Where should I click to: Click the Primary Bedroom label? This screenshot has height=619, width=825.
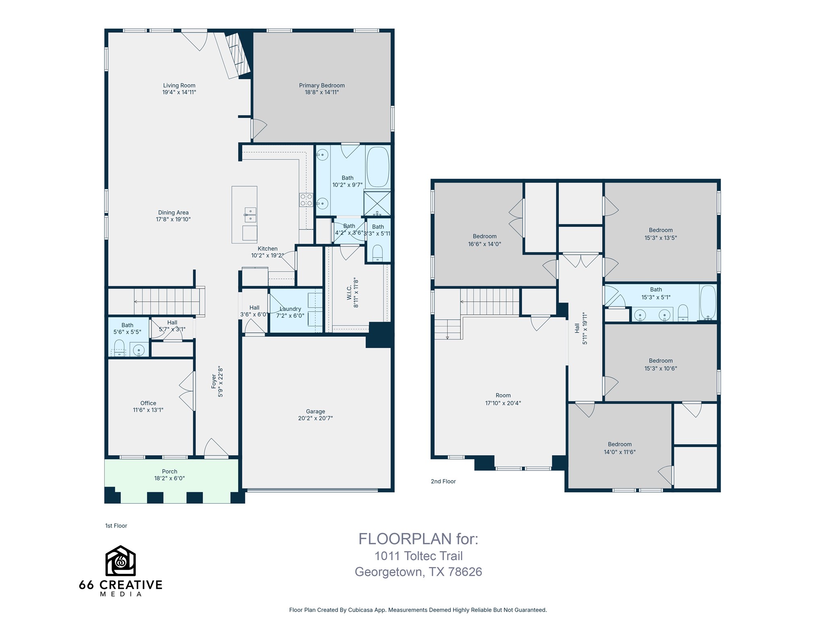click(x=321, y=85)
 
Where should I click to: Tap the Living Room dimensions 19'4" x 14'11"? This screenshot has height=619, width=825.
click(x=179, y=92)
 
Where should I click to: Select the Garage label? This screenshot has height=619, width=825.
click(x=315, y=411)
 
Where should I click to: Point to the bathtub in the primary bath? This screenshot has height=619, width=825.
click(x=378, y=167)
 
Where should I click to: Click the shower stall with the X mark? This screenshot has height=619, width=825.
click(x=377, y=204)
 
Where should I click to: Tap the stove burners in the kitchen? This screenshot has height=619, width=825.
click(x=306, y=200)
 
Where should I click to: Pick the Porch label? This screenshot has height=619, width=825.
click(x=170, y=472)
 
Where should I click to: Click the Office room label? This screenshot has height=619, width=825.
click(x=148, y=403)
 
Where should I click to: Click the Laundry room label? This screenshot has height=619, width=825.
click(x=290, y=309)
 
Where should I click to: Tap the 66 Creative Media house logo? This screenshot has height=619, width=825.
click(x=120, y=561)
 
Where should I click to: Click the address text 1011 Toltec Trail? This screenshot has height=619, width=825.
click(x=419, y=556)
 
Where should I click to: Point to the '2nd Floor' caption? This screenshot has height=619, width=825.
click(x=443, y=481)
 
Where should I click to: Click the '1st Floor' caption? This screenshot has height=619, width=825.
click(x=116, y=526)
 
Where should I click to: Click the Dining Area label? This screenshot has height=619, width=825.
click(x=173, y=212)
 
